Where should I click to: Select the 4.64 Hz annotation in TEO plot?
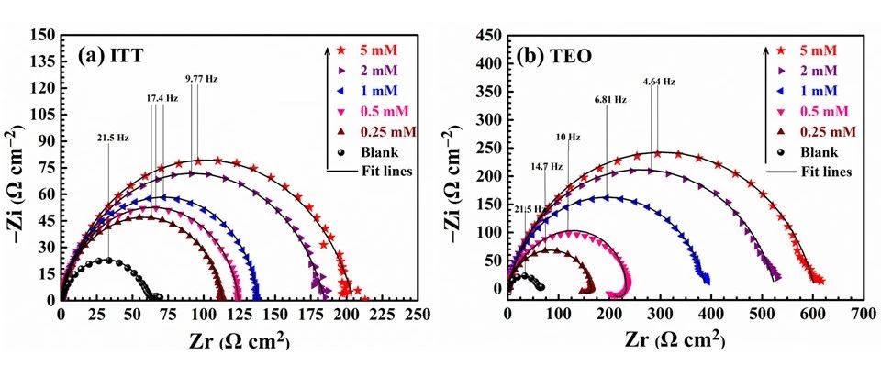point(659,82)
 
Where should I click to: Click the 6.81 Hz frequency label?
point(610,99)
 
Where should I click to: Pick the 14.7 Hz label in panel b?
point(544,166)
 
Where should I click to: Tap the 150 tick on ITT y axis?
point(42,36)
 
